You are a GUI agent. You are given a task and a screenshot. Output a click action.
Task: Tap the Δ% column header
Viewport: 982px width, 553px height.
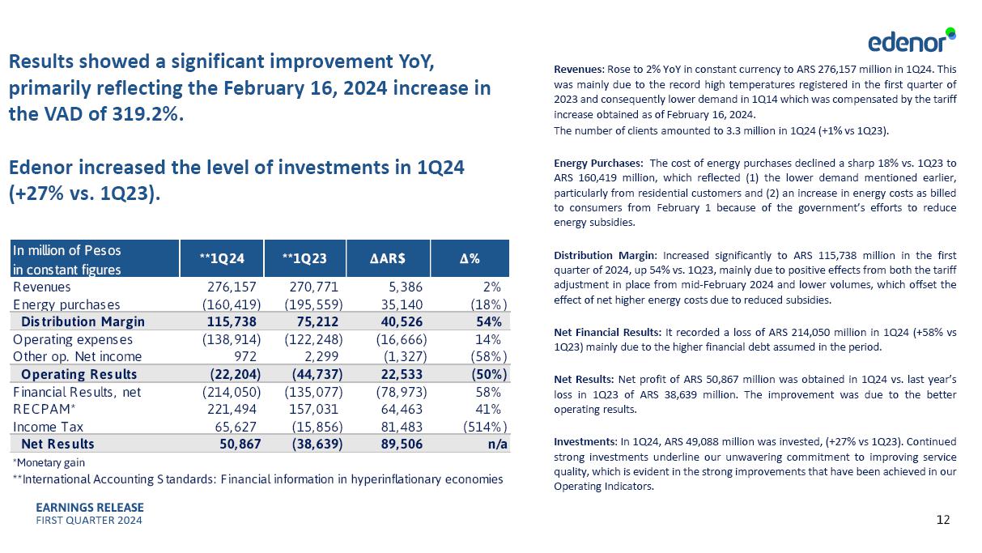(x=470, y=258)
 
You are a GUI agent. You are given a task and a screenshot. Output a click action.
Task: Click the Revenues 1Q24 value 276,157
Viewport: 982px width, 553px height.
(x=233, y=287)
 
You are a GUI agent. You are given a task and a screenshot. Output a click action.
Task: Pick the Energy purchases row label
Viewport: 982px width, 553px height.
(x=66, y=304)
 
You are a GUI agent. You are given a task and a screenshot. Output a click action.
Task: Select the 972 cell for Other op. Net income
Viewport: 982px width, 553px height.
(x=246, y=356)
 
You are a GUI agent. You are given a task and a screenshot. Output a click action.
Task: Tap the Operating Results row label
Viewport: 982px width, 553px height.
(x=79, y=374)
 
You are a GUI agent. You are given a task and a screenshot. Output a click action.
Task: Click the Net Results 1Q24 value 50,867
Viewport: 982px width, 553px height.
(x=239, y=444)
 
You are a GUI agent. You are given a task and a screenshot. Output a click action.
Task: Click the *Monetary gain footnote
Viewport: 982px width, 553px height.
(x=48, y=462)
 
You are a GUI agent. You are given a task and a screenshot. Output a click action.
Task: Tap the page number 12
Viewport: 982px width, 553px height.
(x=943, y=520)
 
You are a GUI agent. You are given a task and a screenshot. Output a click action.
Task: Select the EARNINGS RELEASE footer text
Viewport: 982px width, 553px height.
(x=90, y=508)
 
